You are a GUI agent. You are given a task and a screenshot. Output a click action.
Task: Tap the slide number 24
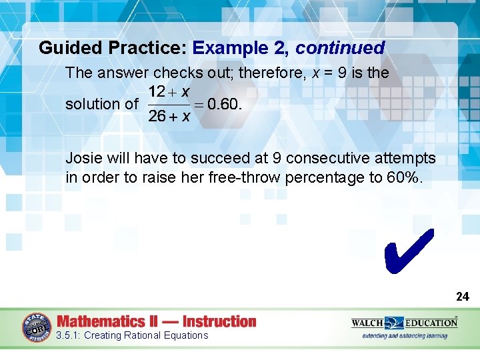462,297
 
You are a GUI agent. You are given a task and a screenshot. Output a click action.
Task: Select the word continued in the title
340,48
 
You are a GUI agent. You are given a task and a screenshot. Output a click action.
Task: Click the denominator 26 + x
169,117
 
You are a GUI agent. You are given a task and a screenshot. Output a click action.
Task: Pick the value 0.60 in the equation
224,104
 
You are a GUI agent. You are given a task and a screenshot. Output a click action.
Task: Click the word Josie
83,159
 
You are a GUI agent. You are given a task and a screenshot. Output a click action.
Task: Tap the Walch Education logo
404,322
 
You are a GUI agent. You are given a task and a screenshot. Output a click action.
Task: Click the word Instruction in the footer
219,321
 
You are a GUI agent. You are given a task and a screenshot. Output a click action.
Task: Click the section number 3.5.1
68,335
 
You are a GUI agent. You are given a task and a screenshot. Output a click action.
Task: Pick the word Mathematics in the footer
101,321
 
